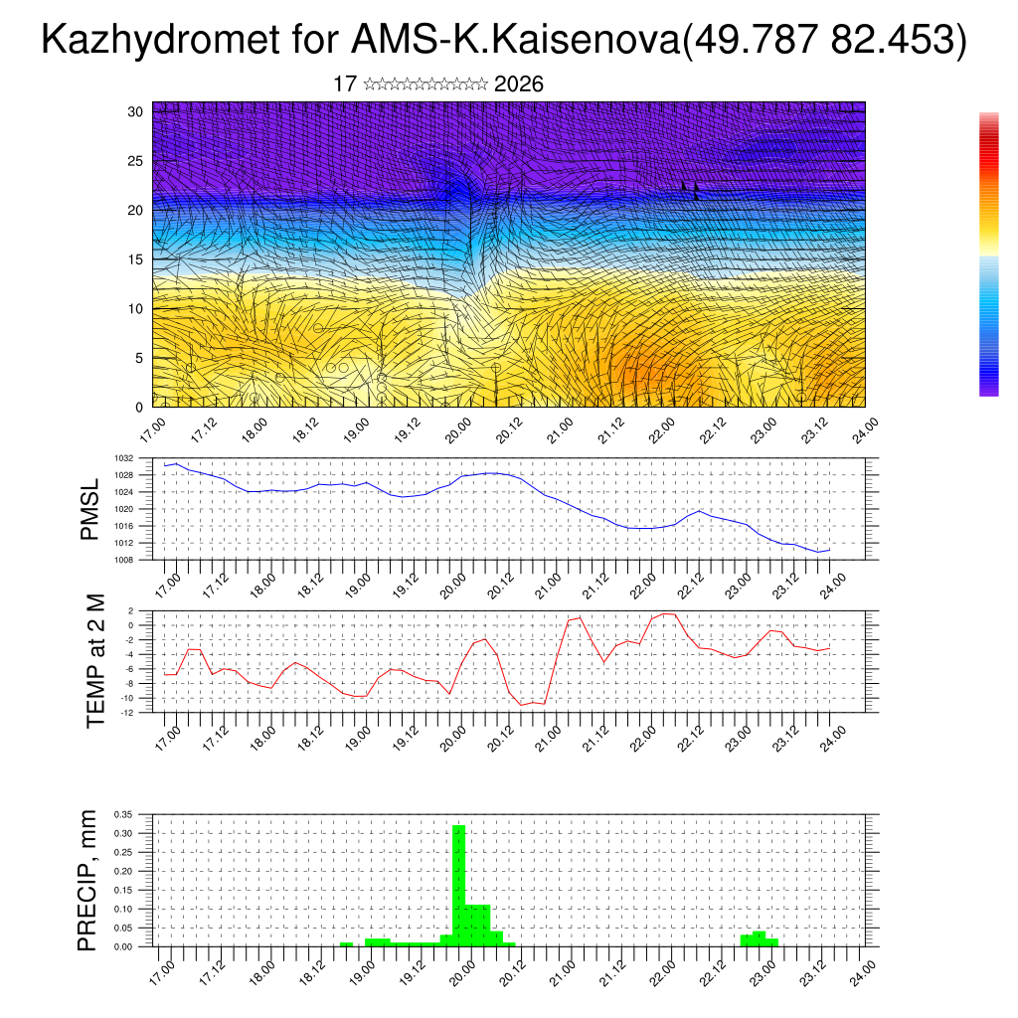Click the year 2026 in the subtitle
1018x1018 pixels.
[x=518, y=85]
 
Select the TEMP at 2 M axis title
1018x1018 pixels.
[x=95, y=661]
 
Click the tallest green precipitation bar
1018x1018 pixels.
[x=459, y=885]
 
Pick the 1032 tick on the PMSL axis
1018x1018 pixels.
[x=123, y=458]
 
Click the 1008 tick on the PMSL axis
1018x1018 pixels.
[x=123, y=560]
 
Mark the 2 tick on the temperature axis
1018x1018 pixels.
[x=130, y=610]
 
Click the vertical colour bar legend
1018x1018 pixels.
[x=988, y=254]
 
